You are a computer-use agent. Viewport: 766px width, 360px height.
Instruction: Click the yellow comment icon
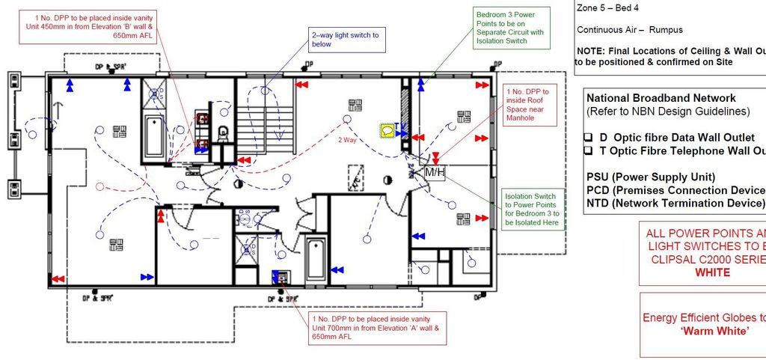click(x=387, y=131)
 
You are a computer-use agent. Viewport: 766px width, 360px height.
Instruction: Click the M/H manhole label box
click(x=435, y=173)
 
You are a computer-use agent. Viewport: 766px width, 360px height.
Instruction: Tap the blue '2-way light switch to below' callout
click(x=345, y=39)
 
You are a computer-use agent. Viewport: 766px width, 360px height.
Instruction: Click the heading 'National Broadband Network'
click(x=661, y=98)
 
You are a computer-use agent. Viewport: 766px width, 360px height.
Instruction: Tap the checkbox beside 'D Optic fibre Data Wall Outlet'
click(x=589, y=138)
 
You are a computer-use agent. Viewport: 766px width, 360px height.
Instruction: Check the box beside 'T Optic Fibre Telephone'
click(x=589, y=151)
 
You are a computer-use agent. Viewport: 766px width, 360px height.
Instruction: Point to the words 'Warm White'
click(x=714, y=331)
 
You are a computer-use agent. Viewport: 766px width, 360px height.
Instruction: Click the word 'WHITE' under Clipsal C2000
click(x=711, y=272)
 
